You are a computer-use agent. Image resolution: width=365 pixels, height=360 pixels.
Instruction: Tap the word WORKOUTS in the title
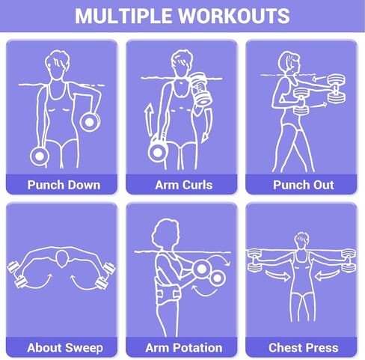(x=238, y=16)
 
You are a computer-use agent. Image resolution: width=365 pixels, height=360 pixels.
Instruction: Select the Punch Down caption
(x=63, y=184)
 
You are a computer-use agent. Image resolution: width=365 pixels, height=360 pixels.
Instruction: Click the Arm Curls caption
(x=182, y=184)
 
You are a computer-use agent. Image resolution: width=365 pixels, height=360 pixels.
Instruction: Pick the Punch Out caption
(x=303, y=184)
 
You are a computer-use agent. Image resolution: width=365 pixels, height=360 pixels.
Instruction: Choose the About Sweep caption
(x=63, y=347)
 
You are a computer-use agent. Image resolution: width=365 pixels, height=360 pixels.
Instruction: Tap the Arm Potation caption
(x=182, y=347)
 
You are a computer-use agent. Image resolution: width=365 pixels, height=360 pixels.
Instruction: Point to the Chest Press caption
(x=303, y=347)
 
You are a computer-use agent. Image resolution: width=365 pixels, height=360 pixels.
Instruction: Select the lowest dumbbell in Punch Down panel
(x=39, y=155)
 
